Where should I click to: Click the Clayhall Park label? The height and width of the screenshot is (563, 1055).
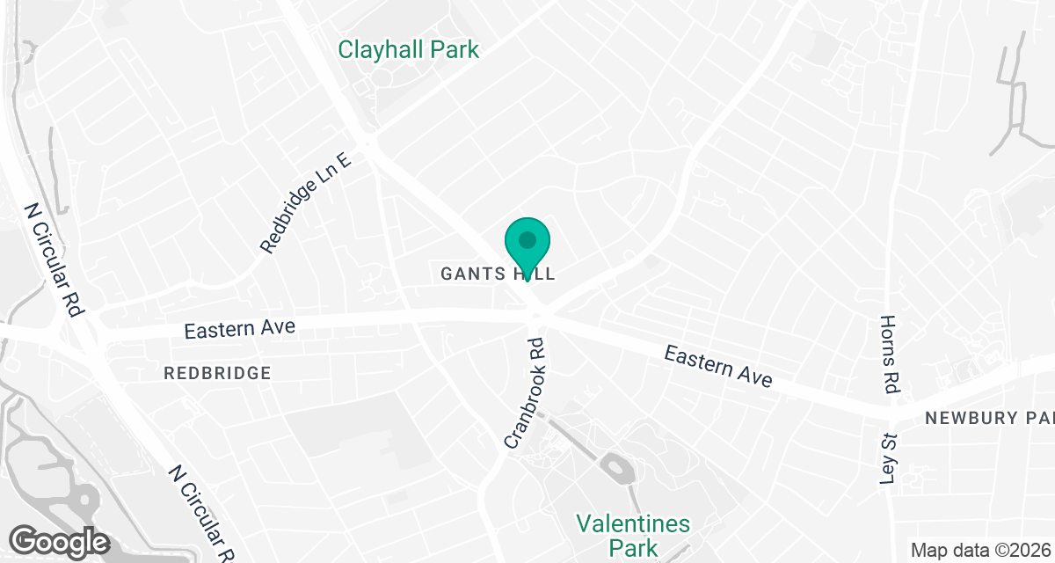(409, 49)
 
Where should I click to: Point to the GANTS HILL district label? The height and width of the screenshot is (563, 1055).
(498, 274)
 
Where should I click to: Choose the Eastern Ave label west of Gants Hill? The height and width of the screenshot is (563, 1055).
(239, 329)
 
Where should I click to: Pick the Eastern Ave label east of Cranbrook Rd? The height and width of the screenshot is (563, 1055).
(718, 366)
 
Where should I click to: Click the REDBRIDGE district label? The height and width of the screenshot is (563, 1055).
(217, 373)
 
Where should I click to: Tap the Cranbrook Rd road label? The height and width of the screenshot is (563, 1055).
(525, 392)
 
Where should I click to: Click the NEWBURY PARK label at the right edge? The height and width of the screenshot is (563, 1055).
(989, 418)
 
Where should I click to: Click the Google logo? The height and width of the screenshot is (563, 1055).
(59, 541)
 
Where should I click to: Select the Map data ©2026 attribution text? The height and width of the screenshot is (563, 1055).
(980, 551)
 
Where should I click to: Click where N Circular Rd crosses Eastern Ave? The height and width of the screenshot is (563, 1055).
(84, 334)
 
